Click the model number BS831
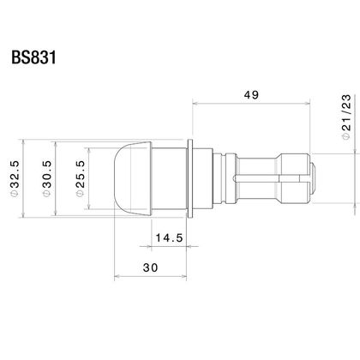coord(33,57)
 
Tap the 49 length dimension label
coord(251,95)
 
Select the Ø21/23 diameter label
coord(346,117)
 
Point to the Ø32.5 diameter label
coord(15,178)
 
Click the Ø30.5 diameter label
coord(47,178)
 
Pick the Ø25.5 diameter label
coord(81,178)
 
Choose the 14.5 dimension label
coord(169,237)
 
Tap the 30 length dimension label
coord(150,268)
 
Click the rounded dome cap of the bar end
coord(132,178)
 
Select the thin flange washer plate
coord(189,178)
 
